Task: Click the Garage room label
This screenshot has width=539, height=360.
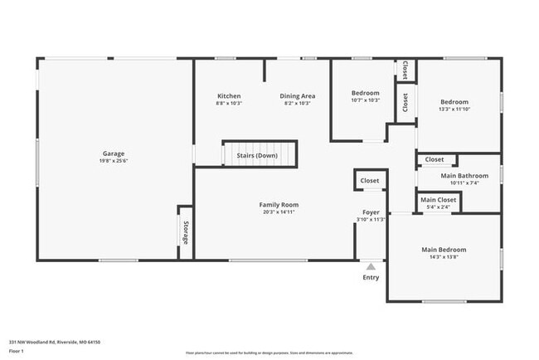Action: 114,153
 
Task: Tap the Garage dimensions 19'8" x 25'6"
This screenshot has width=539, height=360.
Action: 114,161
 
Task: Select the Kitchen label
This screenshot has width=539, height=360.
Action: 229,95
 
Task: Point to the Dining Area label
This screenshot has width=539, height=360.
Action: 297,95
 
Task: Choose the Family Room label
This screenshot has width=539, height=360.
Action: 279,204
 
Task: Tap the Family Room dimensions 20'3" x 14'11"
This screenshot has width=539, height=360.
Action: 279,212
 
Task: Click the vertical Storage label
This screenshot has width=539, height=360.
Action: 185,233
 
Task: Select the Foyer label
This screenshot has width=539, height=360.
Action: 371,212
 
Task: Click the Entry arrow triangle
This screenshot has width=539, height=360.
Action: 371,266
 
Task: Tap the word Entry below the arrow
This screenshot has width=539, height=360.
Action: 371,277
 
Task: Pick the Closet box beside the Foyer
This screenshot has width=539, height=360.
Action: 369,180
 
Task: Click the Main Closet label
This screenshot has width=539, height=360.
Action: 438,200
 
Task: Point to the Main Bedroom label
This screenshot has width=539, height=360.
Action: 444,250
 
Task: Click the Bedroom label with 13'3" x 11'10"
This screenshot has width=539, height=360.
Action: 459,102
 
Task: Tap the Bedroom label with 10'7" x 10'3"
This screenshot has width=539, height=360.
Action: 365,93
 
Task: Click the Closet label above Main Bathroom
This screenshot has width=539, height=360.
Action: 435,159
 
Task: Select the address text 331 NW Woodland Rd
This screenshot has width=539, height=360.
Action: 41,341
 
